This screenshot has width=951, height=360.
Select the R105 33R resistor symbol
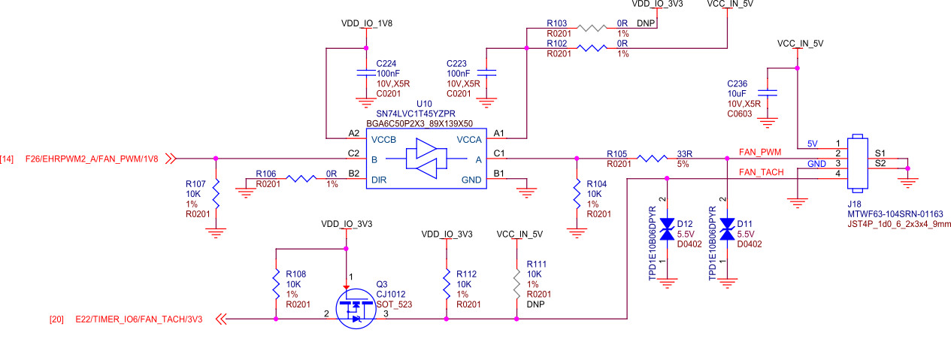click(x=652, y=159)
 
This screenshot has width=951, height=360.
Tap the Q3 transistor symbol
click(x=354, y=310)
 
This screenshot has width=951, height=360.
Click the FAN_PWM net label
click(x=761, y=152)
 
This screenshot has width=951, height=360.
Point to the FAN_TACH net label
click(x=761, y=172)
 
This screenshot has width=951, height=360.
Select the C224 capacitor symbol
click(x=365, y=73)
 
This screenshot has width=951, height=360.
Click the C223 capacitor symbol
click(x=487, y=73)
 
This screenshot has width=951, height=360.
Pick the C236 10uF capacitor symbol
click(x=767, y=93)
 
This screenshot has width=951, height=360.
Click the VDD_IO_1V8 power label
click(x=366, y=23)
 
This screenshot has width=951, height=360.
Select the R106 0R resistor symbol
click(x=301, y=179)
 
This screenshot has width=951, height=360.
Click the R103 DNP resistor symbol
click(x=592, y=29)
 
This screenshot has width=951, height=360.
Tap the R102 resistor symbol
click(x=592, y=49)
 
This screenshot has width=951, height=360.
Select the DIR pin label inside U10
click(x=379, y=180)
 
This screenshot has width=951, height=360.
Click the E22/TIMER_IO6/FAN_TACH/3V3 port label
click(x=139, y=319)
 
